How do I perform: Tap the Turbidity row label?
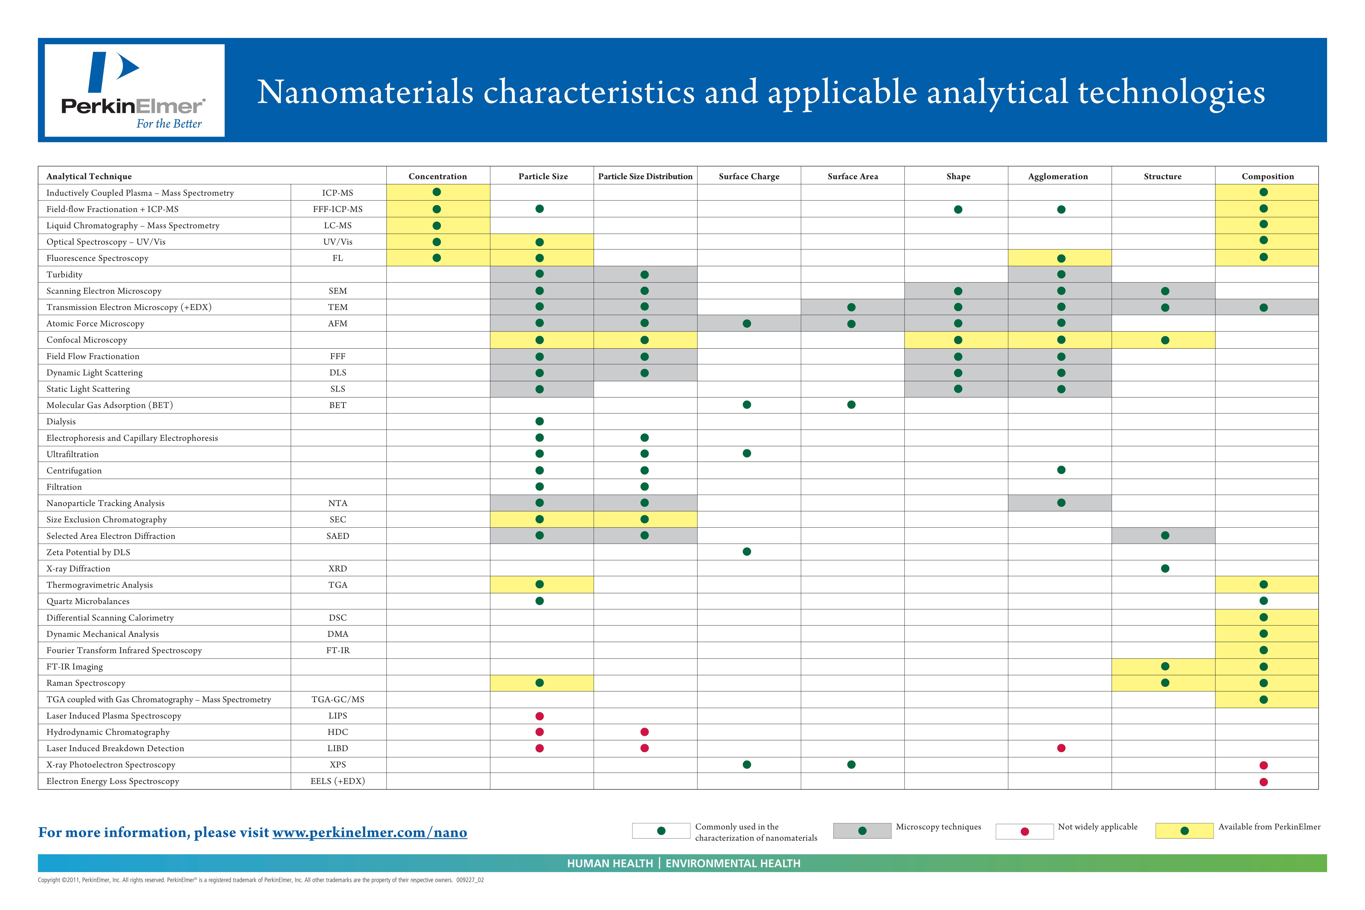pos(64,275)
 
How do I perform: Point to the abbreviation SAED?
pos(338,536)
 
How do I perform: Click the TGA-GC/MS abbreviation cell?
pos(338,699)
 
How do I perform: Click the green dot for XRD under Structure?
pos(1165,568)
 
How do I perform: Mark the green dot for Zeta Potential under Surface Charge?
pos(747,551)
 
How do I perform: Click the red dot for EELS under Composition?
pos(1263,782)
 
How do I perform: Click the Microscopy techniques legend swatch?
pos(862,831)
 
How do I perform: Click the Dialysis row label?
pos(61,421)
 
